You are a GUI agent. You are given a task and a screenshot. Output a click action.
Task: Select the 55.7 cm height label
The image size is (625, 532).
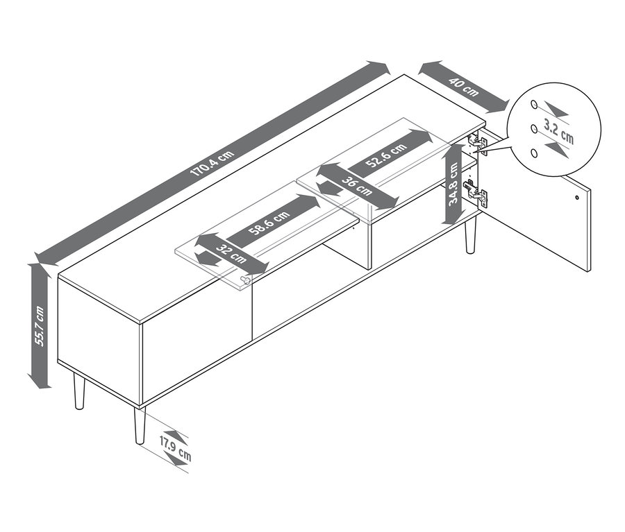[40, 326]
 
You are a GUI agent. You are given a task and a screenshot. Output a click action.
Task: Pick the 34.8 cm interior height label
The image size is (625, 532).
[453, 185]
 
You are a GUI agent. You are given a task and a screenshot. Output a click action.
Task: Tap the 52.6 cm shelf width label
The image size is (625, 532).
[386, 155]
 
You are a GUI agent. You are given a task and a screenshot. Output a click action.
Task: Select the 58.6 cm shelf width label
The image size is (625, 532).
[269, 223]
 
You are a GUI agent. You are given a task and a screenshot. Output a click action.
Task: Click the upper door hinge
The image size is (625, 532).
[478, 144]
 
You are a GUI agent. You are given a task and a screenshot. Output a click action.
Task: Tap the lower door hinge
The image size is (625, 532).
[476, 192]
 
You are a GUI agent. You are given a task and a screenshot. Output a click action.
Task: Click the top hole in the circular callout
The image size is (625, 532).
[534, 104]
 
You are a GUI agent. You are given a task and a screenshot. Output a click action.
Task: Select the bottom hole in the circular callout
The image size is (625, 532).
[535, 153]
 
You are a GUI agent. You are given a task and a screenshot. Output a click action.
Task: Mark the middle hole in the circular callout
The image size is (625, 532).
[534, 128]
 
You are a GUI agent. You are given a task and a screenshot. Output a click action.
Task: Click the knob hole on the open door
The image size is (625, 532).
[577, 198]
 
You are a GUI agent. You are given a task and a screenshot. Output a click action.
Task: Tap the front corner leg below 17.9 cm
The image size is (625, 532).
[140, 425]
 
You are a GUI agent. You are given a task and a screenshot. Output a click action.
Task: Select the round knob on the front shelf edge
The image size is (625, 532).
[247, 280]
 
